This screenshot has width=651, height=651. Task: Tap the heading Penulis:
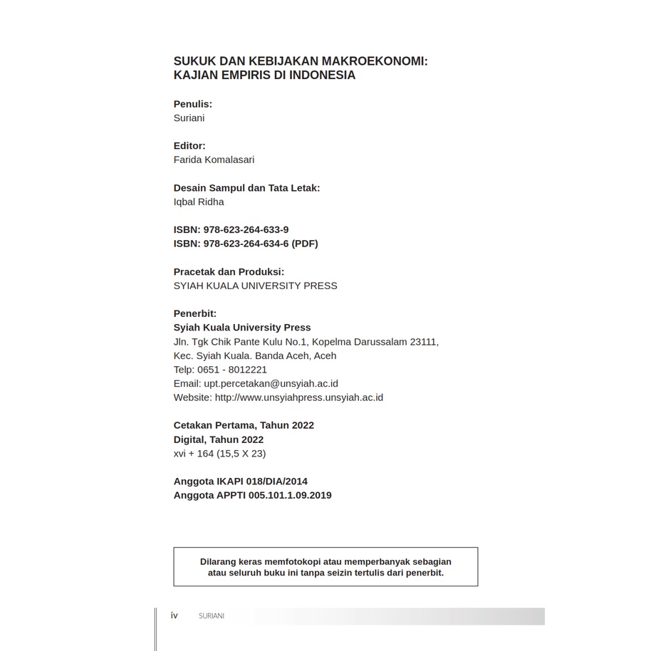coord(193,104)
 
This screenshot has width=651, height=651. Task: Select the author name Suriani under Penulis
coord(189,118)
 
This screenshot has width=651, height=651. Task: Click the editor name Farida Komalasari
coord(214,160)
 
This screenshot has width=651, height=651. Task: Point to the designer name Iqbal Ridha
coord(199,202)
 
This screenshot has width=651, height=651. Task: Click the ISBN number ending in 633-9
coord(246,229)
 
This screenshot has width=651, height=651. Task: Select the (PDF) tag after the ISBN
coord(305,244)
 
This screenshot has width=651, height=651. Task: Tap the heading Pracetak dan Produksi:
coord(229,271)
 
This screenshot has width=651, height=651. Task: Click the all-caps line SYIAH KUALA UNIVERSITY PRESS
coord(255,286)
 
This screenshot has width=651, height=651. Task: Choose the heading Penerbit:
coord(195,313)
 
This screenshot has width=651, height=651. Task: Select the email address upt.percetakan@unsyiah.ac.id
coord(271,383)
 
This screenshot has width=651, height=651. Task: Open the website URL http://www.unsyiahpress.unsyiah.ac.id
coord(299,397)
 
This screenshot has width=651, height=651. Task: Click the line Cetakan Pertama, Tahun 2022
coord(244,425)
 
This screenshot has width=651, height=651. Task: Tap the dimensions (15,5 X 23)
coord(241,453)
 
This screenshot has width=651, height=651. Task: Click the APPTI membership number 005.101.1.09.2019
coord(290,495)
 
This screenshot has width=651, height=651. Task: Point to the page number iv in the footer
coord(175,615)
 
